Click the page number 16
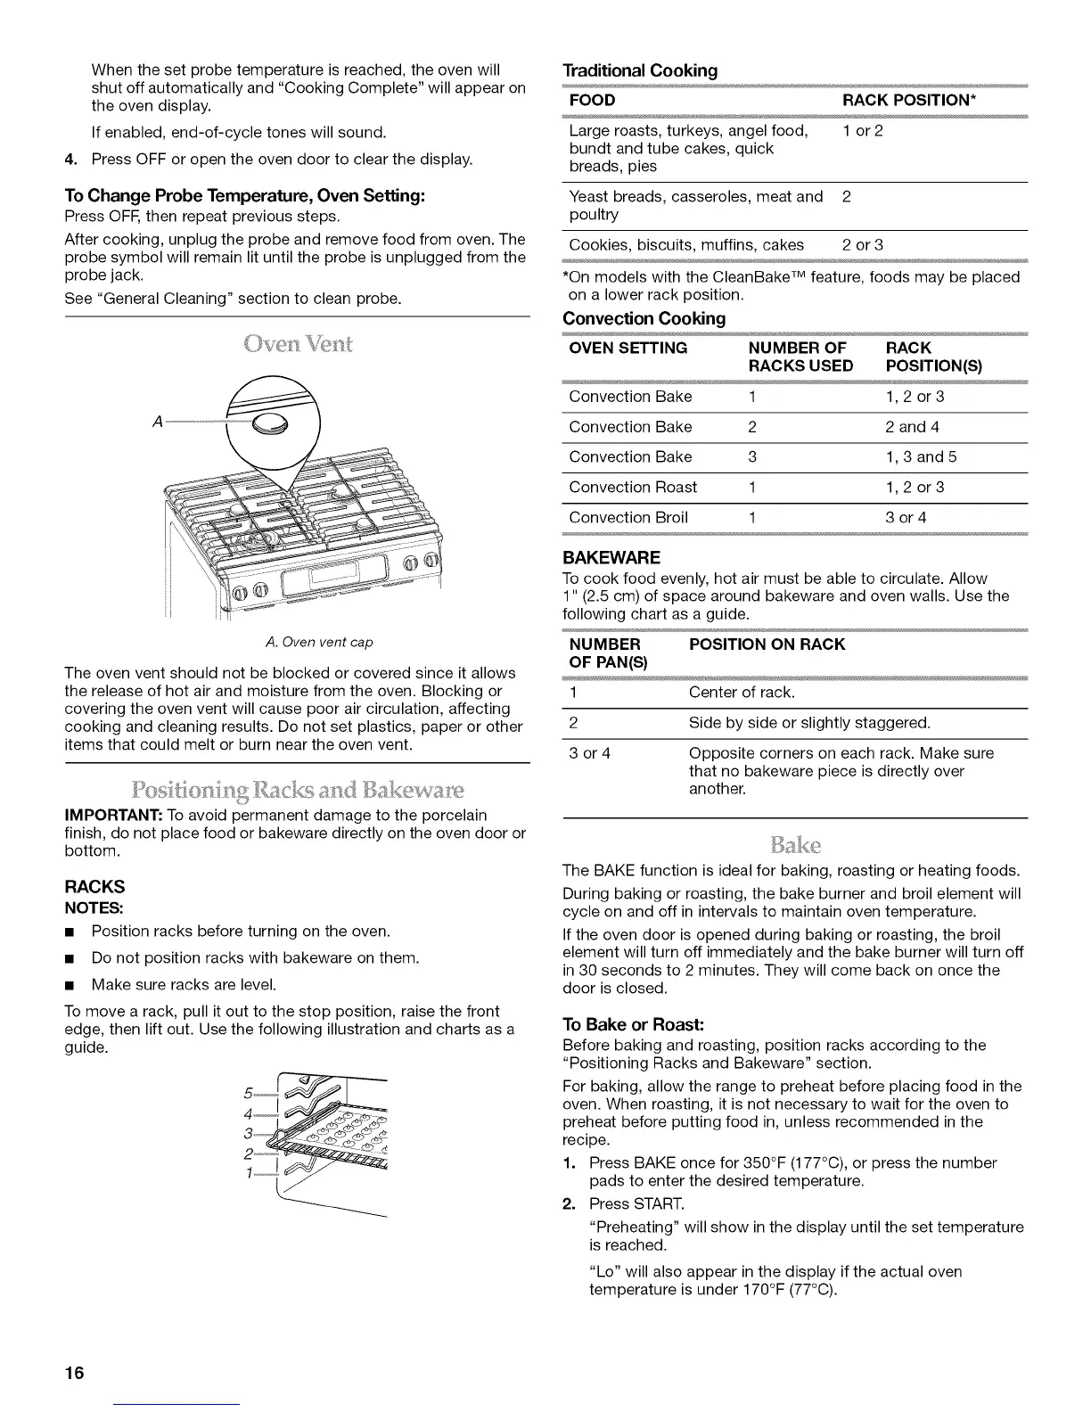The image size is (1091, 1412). (x=74, y=1373)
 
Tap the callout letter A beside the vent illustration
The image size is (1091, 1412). (x=159, y=422)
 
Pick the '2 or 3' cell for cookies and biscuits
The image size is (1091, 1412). (x=863, y=245)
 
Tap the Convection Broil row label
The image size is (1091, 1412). (x=628, y=518)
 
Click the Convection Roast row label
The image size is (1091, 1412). (x=633, y=488)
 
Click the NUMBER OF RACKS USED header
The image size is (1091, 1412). (x=800, y=357)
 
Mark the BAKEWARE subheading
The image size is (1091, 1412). (x=611, y=558)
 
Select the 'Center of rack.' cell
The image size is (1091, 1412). (x=742, y=693)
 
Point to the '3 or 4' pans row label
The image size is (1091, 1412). (x=589, y=753)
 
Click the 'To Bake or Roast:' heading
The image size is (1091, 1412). (x=635, y=1023)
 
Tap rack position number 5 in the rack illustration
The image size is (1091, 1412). (x=248, y=1095)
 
